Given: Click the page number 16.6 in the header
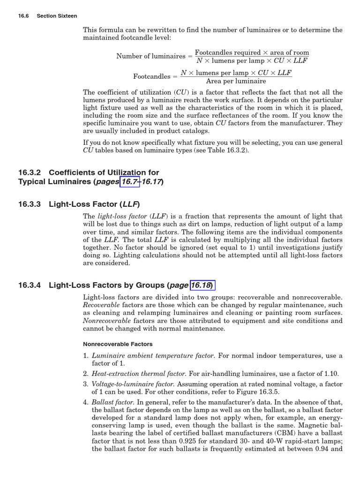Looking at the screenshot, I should click(23, 16).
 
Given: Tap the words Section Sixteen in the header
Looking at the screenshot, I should click(57, 16).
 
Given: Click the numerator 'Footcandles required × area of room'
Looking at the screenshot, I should click(252, 52).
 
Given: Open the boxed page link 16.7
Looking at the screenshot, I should click(130, 182).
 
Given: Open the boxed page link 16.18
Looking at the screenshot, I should click(202, 285).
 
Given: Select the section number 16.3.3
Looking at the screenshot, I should click(30, 204).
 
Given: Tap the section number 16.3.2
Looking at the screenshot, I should click(30, 172).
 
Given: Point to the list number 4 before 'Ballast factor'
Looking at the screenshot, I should click(85, 402).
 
